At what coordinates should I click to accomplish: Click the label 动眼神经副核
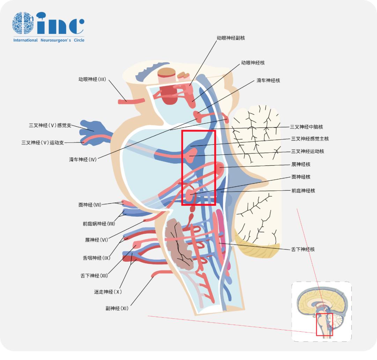tap(231, 38)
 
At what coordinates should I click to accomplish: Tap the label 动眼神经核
tap(253, 63)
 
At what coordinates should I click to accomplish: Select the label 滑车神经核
tap(268, 81)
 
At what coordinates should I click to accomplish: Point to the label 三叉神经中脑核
tap(306, 127)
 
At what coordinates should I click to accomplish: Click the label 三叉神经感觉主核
tap(310, 139)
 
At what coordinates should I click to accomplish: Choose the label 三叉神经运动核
tap(308, 151)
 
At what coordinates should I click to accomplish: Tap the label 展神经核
tap(301, 164)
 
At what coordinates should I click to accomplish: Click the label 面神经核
tap(301, 177)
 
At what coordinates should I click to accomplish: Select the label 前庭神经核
tap(303, 191)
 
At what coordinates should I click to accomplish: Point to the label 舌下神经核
tap(303, 249)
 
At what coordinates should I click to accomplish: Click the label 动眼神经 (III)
tap(92, 79)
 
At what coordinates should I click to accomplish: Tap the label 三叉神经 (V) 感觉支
tap(50, 125)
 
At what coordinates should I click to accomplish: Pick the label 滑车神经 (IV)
tap(83, 159)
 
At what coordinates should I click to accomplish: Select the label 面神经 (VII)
tap(90, 205)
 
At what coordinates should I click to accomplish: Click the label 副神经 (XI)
tap(117, 308)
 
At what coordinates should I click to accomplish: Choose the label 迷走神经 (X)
tap(108, 292)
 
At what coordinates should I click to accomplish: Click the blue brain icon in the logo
tap(23, 23)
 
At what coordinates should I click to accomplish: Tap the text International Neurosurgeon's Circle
tap(49, 40)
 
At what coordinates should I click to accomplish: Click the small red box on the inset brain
tap(324, 324)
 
